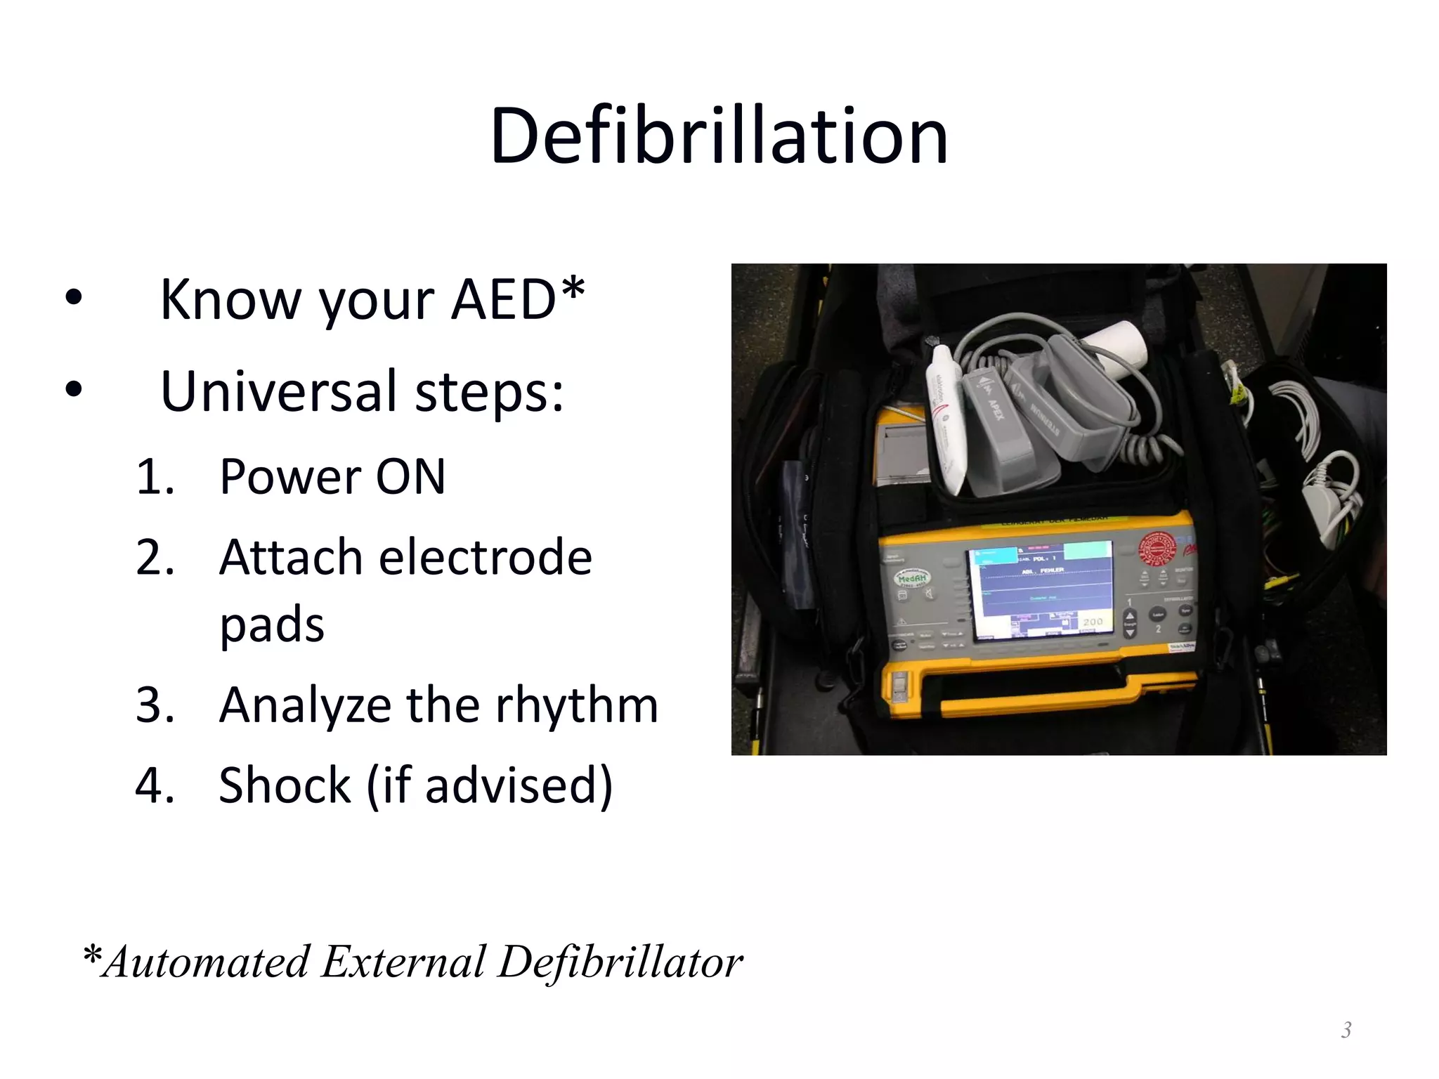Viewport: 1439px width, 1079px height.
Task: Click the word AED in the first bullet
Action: (x=503, y=301)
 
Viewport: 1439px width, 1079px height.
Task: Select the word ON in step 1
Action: (x=410, y=477)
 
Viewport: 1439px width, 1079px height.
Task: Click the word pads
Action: (x=272, y=624)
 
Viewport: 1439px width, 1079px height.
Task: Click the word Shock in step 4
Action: (x=285, y=785)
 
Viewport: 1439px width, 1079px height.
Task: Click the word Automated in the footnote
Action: (x=205, y=962)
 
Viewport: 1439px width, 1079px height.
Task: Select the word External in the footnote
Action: (x=403, y=962)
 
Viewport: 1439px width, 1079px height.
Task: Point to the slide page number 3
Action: (x=1346, y=1030)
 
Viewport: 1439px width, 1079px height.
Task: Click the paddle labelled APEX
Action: (x=991, y=407)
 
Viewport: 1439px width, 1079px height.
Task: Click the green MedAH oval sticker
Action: (x=911, y=578)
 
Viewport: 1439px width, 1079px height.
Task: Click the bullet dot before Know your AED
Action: (x=74, y=299)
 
